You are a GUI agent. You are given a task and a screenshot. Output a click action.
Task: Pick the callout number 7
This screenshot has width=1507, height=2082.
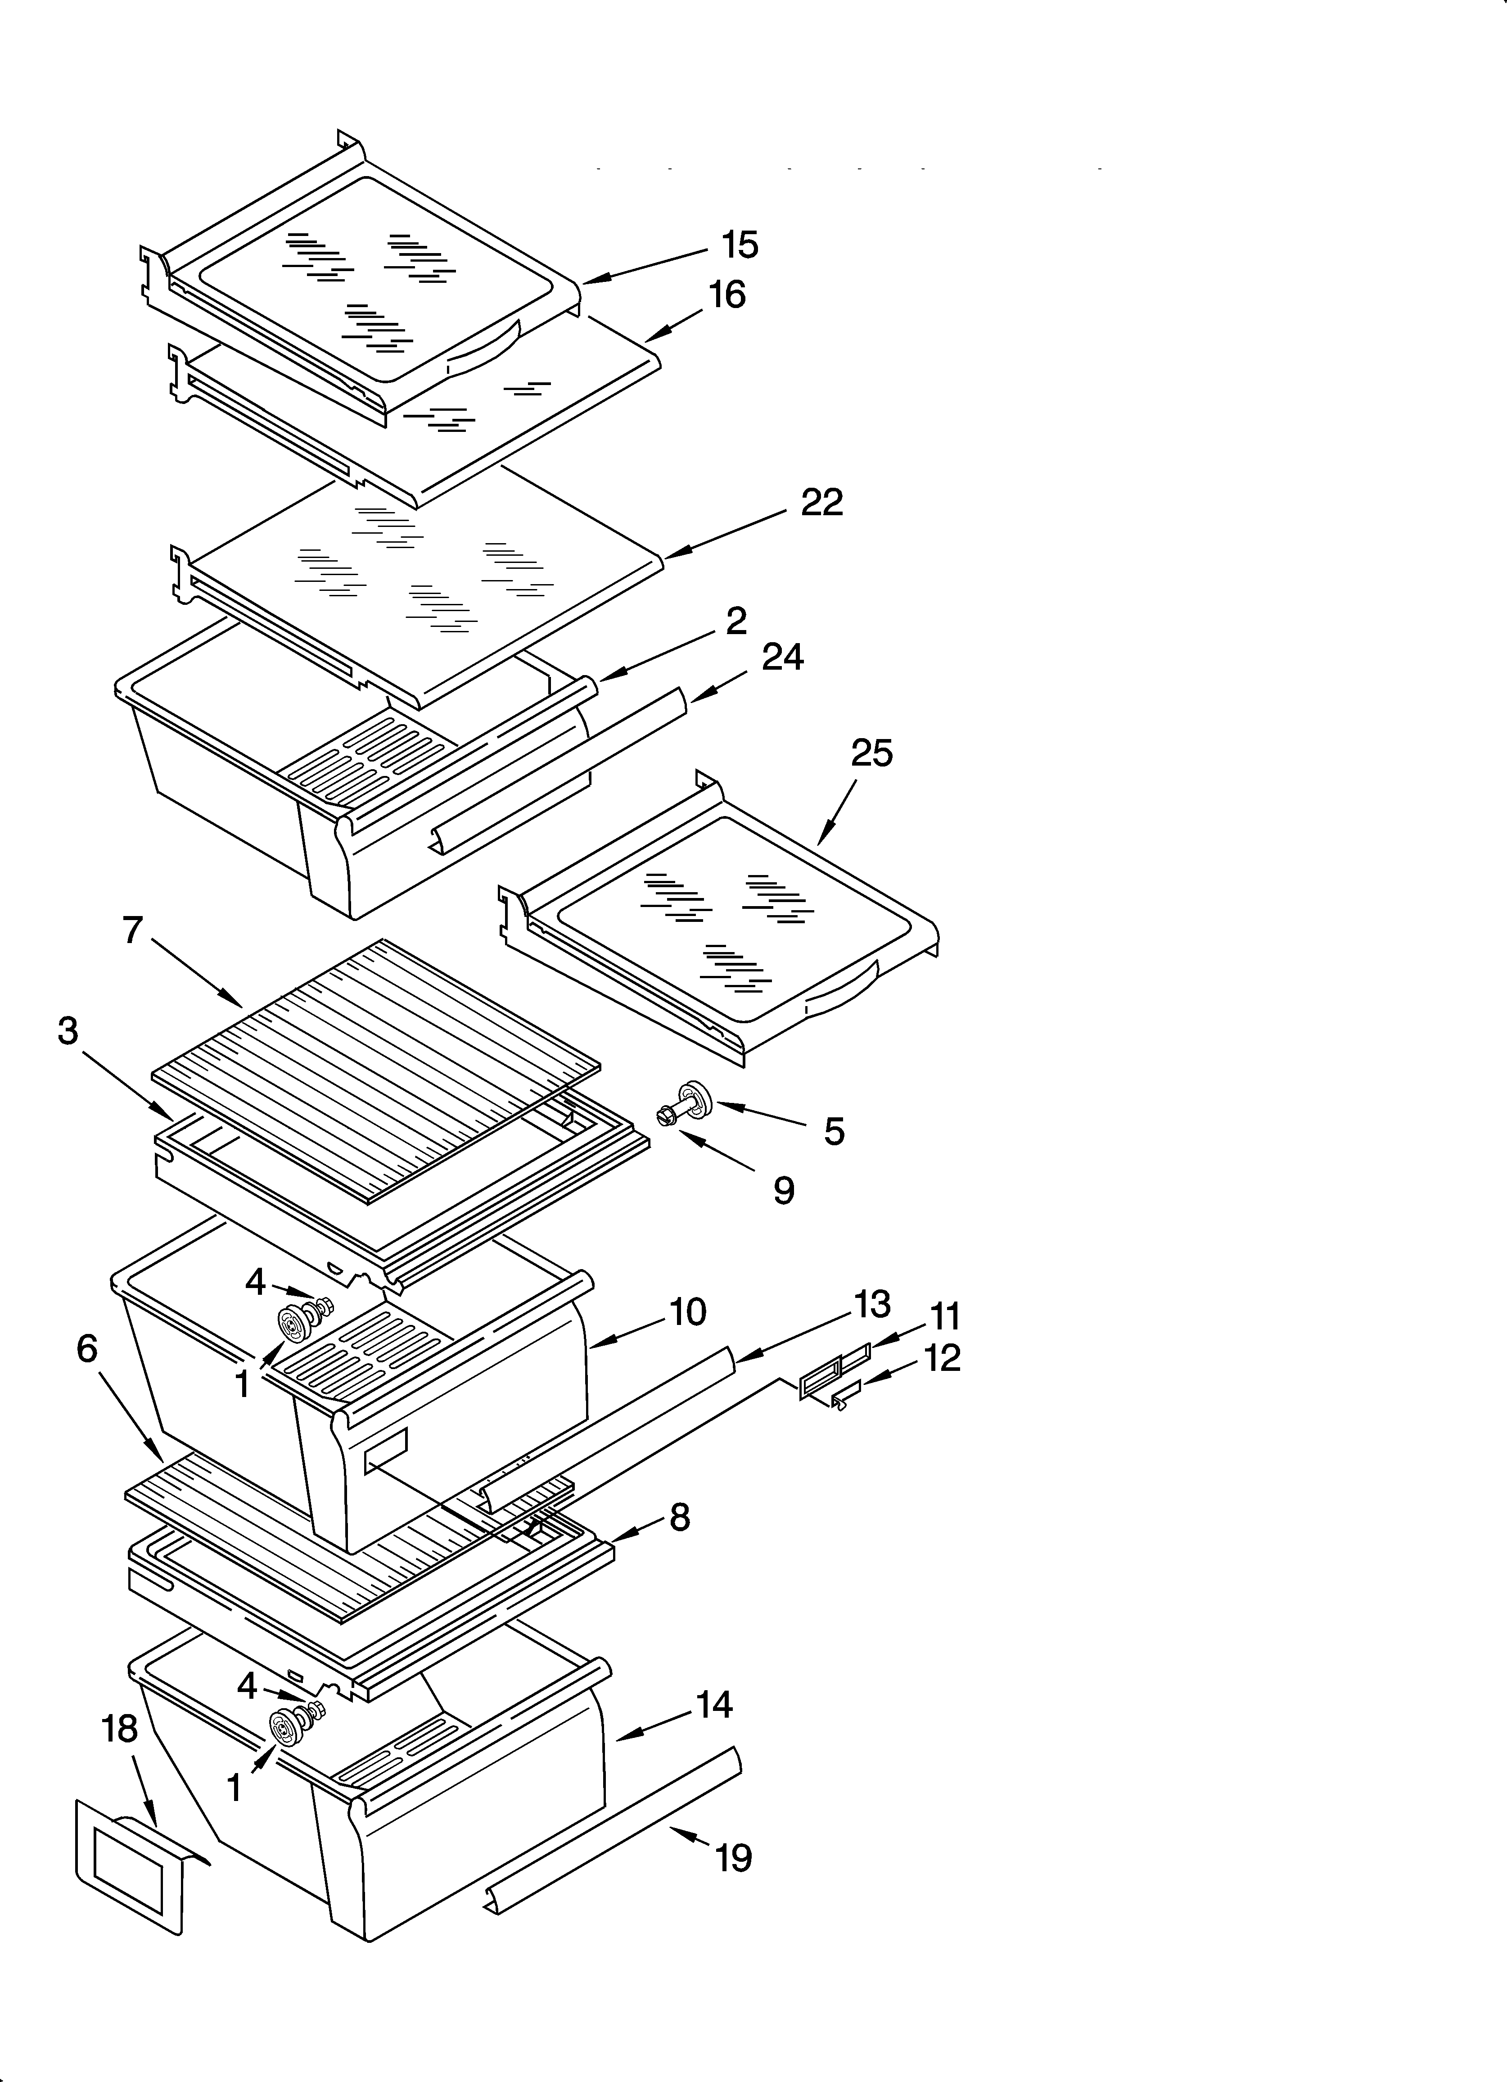(133, 930)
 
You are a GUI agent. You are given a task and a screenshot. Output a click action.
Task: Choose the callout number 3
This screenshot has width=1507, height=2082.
(68, 1031)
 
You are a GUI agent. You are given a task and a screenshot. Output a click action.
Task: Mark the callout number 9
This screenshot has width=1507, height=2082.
(783, 1191)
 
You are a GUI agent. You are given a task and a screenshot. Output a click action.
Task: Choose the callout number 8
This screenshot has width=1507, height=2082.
(679, 1517)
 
